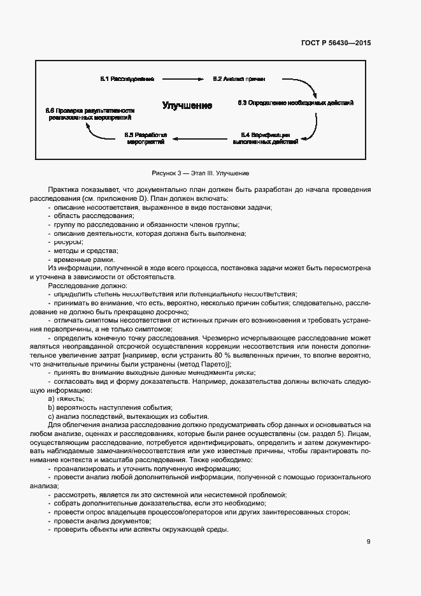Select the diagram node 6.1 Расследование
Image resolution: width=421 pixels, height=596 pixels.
127,79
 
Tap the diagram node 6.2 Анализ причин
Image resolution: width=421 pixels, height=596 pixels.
239,79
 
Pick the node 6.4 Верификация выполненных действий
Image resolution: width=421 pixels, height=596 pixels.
266,138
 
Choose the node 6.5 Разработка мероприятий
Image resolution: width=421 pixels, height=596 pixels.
146,138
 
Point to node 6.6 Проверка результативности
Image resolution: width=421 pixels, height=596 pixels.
89,114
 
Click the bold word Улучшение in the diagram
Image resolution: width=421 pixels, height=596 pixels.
187,105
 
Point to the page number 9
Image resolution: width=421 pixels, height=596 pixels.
369,542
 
